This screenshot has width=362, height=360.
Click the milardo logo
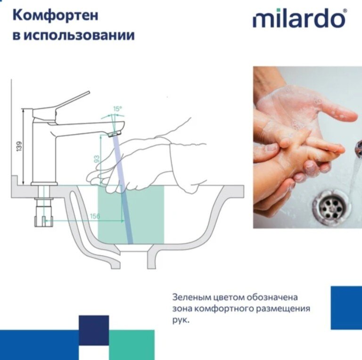pyautogui.click(x=299, y=18)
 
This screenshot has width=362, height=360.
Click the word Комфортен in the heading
pyautogui.click(x=56, y=16)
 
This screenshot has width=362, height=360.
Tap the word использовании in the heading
pyautogui.click(x=79, y=35)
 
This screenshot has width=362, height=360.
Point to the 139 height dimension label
pyautogui.click(x=19, y=146)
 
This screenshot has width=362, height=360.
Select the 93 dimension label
pyautogui.click(x=97, y=159)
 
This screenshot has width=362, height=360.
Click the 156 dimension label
pyautogui.click(x=95, y=216)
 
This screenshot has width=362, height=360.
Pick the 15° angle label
pyautogui.click(x=117, y=109)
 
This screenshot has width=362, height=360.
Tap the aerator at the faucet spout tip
pyautogui.click(x=115, y=134)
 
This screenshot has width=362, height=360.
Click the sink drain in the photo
pyautogui.click(x=332, y=207)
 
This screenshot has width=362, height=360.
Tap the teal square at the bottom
pyautogui.click(x=132, y=345)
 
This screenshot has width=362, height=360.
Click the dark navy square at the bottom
pyautogui.click(x=94, y=330)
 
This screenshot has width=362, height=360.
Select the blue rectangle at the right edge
pyautogui.click(x=346, y=308)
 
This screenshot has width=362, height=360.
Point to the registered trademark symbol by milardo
pyautogui.click(x=345, y=11)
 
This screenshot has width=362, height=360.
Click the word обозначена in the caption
pyautogui.click(x=272, y=297)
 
